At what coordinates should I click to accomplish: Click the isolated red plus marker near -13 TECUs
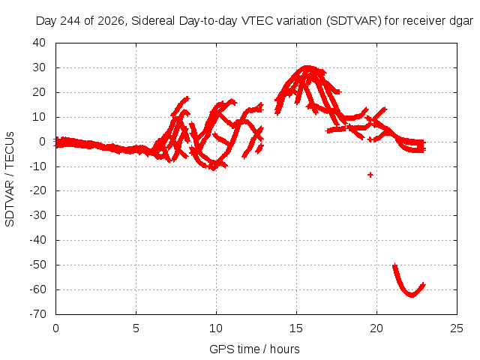coord(370,175)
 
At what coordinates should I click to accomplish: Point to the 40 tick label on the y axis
coord(39,43)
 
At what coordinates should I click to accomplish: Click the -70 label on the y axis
coord(37,313)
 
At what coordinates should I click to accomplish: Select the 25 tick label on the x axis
coord(457,328)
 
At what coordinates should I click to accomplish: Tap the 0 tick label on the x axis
coord(55,328)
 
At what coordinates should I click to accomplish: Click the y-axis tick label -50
coord(37,265)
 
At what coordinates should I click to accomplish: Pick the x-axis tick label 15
coord(296,328)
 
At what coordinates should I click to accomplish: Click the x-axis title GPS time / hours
coord(254,349)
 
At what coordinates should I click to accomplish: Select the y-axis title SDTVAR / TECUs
coord(10,179)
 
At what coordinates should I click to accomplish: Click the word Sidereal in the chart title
coord(153,21)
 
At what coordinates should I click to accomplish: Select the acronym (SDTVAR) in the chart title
coord(353,21)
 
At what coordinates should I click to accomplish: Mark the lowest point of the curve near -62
coord(412,295)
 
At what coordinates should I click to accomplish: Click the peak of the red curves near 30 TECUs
coord(307,67)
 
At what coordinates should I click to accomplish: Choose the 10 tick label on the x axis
coord(216,328)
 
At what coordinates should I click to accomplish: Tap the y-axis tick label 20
coord(39,91)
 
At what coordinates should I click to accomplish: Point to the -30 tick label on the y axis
coord(37,215)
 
